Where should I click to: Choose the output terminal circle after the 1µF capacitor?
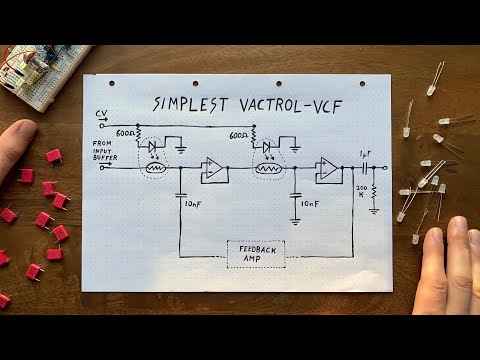[x=385, y=168]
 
